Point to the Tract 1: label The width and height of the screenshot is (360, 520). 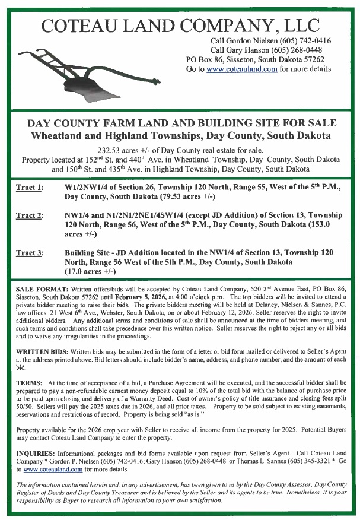pyautogui.click(x=29, y=188)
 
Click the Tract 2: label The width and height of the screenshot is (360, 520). pyautogui.click(x=29, y=215)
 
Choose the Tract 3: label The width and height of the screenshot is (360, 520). pyautogui.click(x=29, y=253)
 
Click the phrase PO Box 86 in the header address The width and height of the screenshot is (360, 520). pyautogui.click(x=205, y=59)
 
